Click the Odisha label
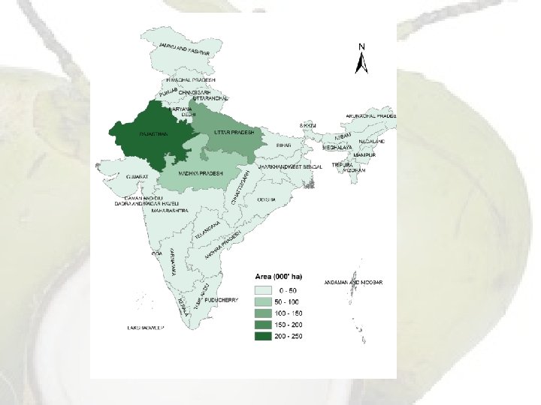[267, 199]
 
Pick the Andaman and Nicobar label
[353, 282]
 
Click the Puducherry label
[222, 300]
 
